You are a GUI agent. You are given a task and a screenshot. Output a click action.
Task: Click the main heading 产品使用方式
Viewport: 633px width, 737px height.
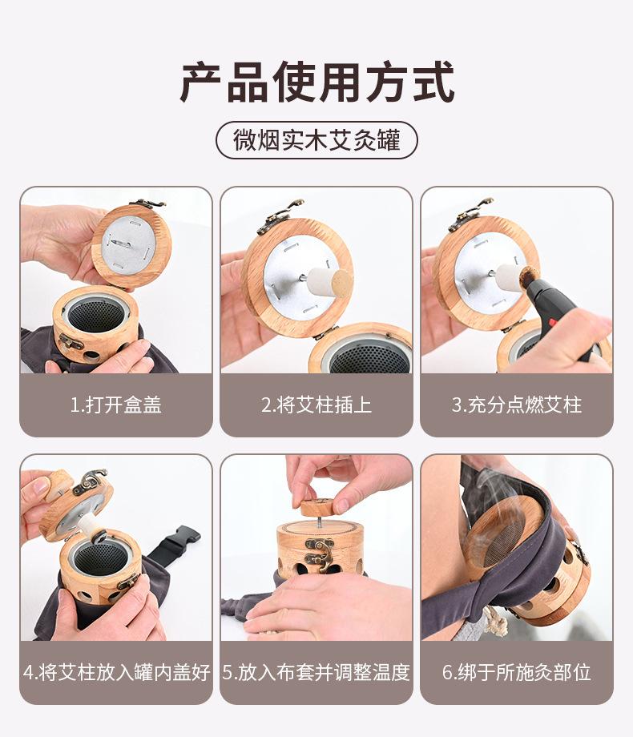coord(317,82)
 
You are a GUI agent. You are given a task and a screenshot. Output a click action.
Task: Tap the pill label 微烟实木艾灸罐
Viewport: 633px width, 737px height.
coord(316,140)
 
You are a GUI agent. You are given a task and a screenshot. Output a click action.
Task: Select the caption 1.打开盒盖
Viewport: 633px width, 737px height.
coord(115,405)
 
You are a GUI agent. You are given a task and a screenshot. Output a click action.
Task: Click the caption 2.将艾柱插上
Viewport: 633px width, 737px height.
coord(316,405)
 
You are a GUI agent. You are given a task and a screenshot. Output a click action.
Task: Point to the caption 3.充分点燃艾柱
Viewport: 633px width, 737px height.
coord(517,405)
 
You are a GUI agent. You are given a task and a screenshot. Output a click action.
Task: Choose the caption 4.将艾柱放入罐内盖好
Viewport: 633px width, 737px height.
coord(116,672)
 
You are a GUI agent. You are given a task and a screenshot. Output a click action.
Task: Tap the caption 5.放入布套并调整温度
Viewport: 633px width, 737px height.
coord(316,672)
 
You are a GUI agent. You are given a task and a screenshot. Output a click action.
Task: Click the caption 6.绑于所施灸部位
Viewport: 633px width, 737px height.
coord(517,672)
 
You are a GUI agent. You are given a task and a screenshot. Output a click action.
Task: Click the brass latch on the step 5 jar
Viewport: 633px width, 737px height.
coord(320,554)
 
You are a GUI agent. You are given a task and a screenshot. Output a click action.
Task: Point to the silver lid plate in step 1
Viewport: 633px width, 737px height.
coord(127,246)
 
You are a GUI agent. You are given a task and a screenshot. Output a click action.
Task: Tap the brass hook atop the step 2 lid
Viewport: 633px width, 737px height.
coord(281,215)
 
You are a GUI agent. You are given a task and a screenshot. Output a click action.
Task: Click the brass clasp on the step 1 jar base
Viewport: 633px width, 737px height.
coord(71,340)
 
